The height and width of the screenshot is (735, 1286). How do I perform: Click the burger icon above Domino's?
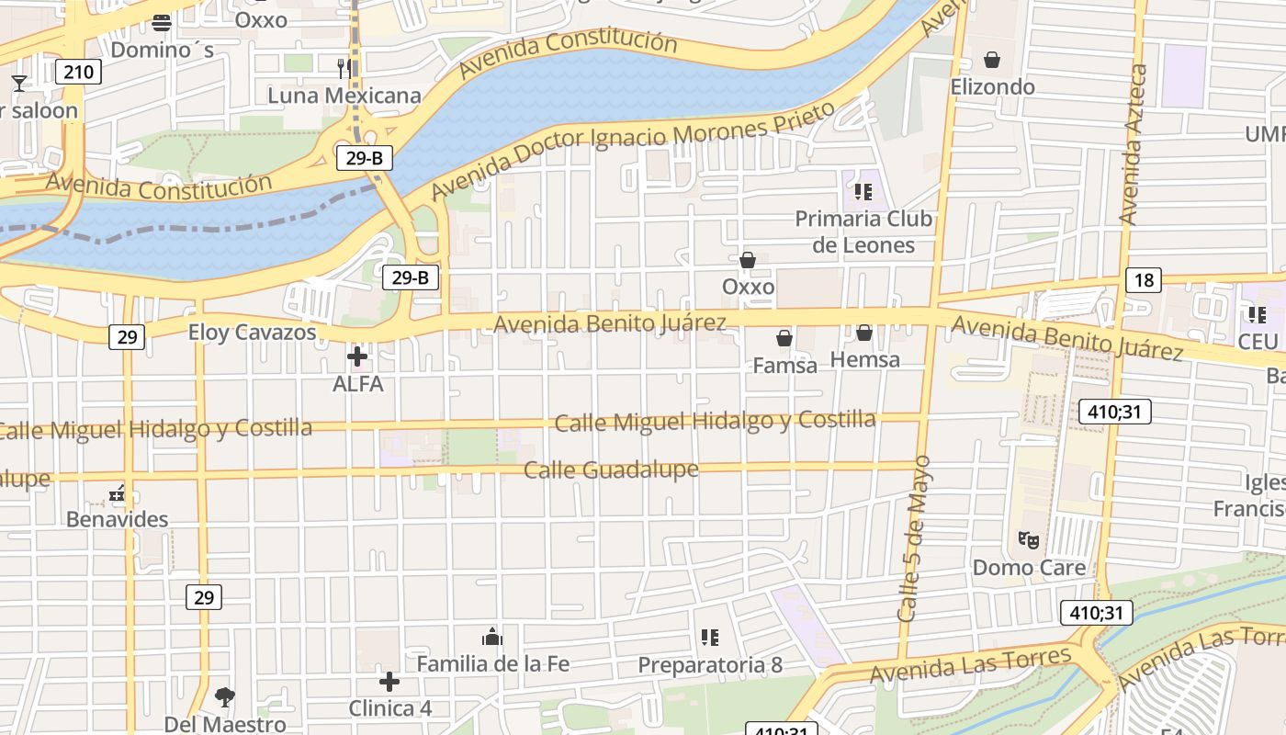coord(163,22)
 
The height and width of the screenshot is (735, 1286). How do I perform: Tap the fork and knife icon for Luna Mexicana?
coord(344,68)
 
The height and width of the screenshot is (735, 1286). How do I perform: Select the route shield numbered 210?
coord(78,72)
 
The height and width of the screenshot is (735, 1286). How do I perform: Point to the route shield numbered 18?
coord(1144,280)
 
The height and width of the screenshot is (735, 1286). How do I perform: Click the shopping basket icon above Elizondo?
coord(992,61)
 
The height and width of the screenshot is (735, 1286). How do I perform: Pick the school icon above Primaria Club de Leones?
coord(863,191)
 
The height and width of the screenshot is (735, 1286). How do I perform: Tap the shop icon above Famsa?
coord(784,339)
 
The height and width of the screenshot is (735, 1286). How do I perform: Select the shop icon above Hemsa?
coord(864,333)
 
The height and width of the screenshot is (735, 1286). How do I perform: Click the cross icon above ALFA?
coord(357,356)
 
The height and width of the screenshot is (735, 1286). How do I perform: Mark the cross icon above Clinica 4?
coord(389,682)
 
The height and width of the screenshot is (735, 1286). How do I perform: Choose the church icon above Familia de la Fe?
coord(492,637)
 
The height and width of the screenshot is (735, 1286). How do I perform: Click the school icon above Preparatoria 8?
coord(709,637)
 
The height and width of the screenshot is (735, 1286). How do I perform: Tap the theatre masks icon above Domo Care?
coord(1028,540)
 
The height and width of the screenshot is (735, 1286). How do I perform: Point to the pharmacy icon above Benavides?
coord(117,494)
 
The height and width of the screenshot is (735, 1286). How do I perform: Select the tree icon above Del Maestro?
coord(224,697)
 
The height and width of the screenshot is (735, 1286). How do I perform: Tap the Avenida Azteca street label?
coord(1134,145)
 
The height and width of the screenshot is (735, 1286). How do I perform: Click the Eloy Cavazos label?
coord(253,333)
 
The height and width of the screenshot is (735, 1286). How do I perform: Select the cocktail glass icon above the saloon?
coord(18,84)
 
